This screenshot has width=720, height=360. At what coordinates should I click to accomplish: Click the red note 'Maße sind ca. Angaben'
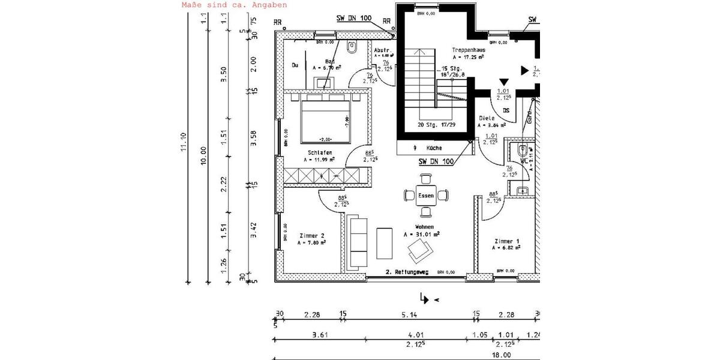tap(234, 5)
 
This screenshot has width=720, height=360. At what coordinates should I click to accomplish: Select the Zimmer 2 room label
tap(311, 236)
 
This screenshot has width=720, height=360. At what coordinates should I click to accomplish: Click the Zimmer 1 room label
tap(507, 240)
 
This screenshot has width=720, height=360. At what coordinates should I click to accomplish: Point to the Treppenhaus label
tap(468, 50)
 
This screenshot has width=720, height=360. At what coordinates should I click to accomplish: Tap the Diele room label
tap(486, 119)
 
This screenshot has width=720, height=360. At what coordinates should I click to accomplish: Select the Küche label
tap(434, 148)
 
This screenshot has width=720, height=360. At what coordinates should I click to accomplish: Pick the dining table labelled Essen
tap(426, 195)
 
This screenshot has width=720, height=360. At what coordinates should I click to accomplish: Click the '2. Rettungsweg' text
tap(406, 272)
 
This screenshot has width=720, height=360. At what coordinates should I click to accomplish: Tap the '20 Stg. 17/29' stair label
tap(436, 125)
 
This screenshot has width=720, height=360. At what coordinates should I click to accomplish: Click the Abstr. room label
tap(382, 50)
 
